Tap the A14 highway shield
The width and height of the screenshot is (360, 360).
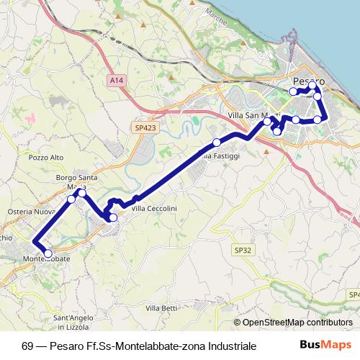[x=117, y=81]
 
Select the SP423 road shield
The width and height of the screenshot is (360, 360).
[x=145, y=127]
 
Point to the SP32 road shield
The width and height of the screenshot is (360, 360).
[x=243, y=249]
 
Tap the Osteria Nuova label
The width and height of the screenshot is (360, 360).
[x=31, y=211]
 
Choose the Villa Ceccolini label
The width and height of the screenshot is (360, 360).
[x=154, y=208]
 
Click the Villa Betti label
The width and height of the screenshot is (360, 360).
[x=161, y=308]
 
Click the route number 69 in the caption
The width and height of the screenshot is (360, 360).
[x=27, y=346]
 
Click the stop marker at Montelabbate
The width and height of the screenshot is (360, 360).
[x=48, y=253]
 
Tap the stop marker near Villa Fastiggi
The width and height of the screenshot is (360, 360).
[x=217, y=142]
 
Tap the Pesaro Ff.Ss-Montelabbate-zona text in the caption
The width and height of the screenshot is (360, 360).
[x=120, y=346]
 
